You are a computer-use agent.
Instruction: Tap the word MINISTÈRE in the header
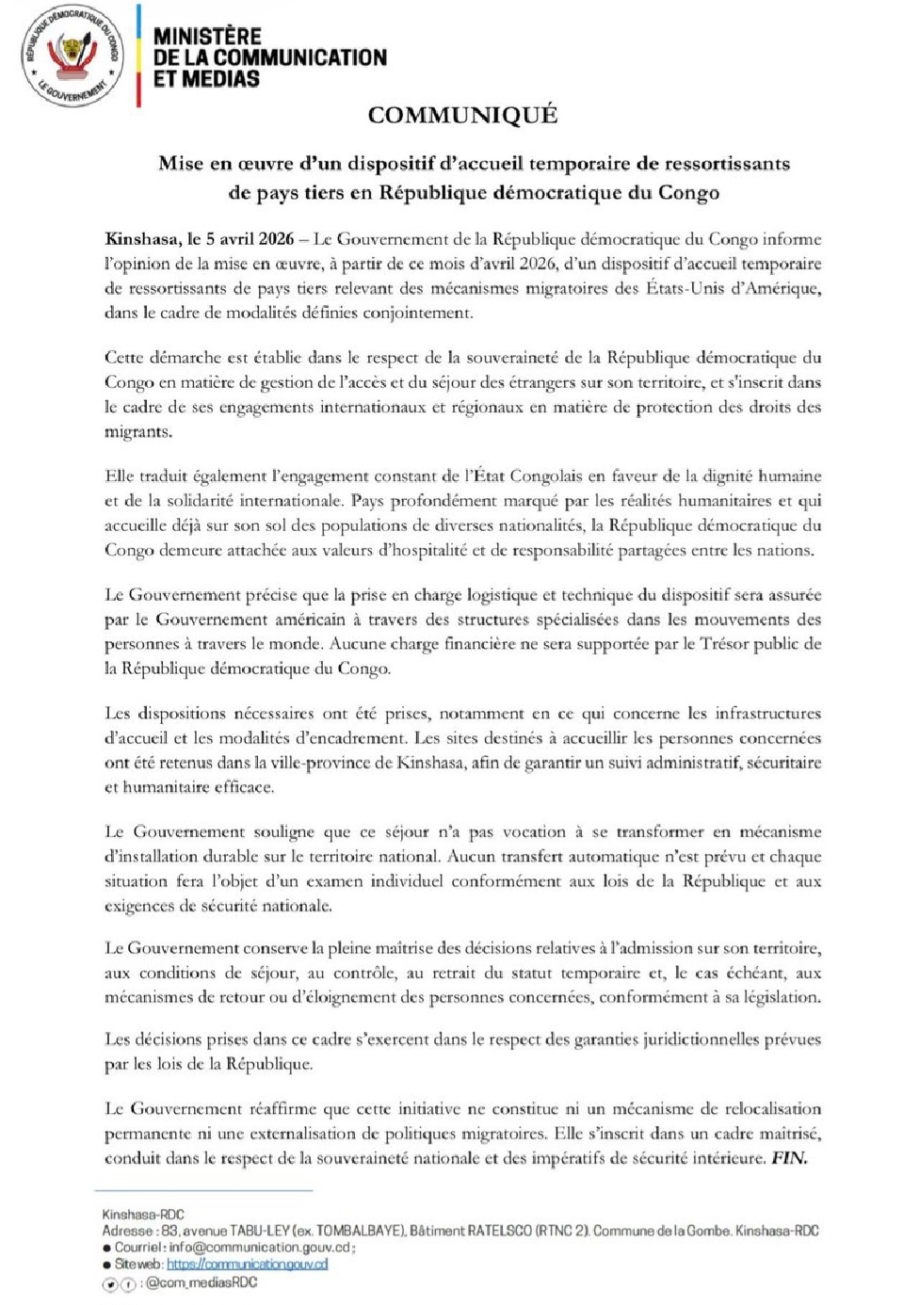pyautogui.click(x=207, y=36)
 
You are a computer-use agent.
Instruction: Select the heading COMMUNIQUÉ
pyautogui.click(x=462, y=115)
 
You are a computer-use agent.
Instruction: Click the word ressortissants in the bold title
pyautogui.click(x=727, y=164)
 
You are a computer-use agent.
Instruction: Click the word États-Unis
pyautogui.click(x=685, y=288)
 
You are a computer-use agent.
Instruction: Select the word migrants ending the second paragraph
pyautogui.click(x=137, y=432)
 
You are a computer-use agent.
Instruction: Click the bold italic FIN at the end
pyautogui.click(x=789, y=1158)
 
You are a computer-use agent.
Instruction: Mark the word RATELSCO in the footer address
pyautogui.click(x=499, y=1231)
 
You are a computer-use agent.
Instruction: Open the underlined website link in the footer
pyautogui.click(x=248, y=1265)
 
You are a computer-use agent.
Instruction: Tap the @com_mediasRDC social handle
pyautogui.click(x=202, y=1282)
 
